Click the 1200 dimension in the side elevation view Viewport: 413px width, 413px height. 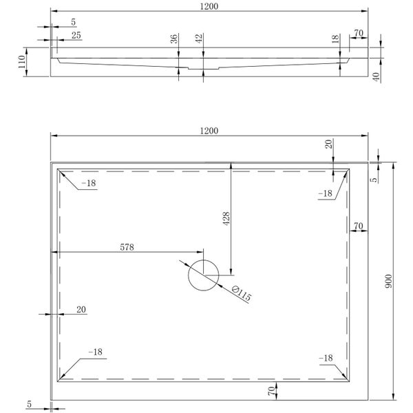click(x=209, y=6)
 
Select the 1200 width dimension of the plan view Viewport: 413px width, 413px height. click(x=209, y=130)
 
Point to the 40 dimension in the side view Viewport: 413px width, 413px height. click(x=377, y=76)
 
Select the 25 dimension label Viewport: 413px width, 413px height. click(x=75, y=34)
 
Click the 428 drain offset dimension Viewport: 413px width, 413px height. click(x=226, y=218)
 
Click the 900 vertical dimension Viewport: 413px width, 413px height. click(x=388, y=281)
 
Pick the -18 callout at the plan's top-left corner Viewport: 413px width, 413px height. click(x=89, y=183)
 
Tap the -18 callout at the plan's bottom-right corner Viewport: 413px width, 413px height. click(x=326, y=358)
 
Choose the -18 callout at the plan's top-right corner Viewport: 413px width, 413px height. click(x=326, y=193)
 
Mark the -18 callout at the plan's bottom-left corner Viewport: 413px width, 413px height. click(x=95, y=352)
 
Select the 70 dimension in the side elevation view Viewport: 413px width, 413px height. click(x=358, y=32)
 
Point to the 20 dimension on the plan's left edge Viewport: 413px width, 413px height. click(x=81, y=310)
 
